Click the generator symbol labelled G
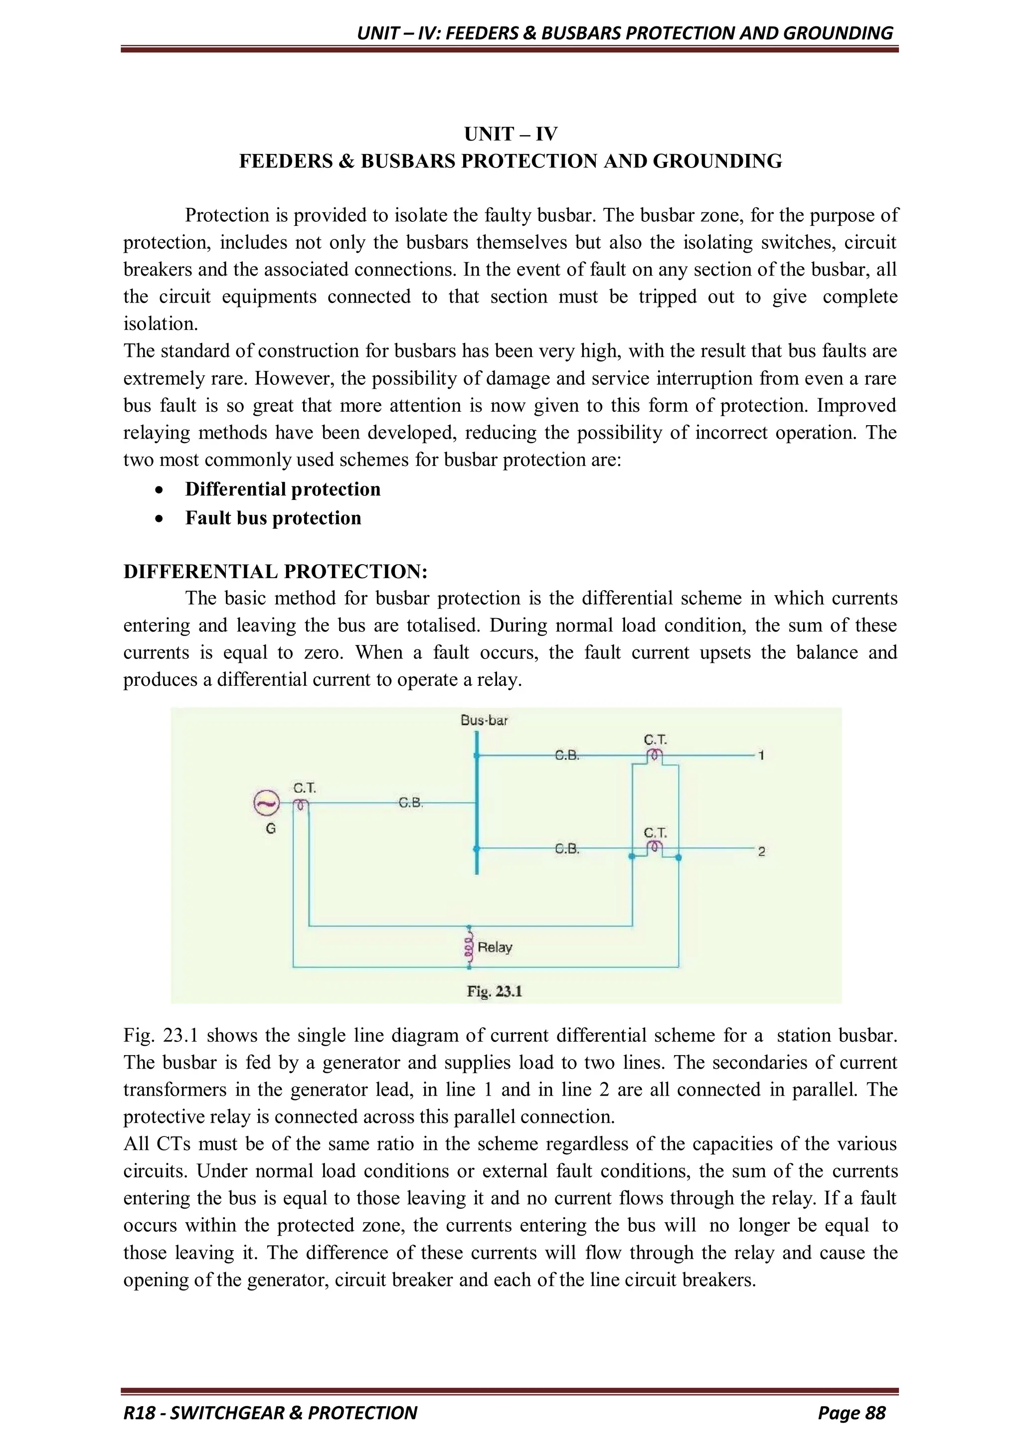coord(266,802)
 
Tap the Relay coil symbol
coord(469,947)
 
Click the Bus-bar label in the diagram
coord(484,720)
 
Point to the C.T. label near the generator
coord(305,788)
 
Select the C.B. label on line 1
coord(567,756)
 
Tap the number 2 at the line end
coord(761,852)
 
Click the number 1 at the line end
coord(761,756)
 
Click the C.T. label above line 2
coord(655,833)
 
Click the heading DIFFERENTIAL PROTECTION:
coord(275,571)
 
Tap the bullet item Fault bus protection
coord(273,518)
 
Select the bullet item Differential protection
coord(282,489)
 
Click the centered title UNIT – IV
coord(510,134)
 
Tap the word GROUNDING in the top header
coord(838,33)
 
